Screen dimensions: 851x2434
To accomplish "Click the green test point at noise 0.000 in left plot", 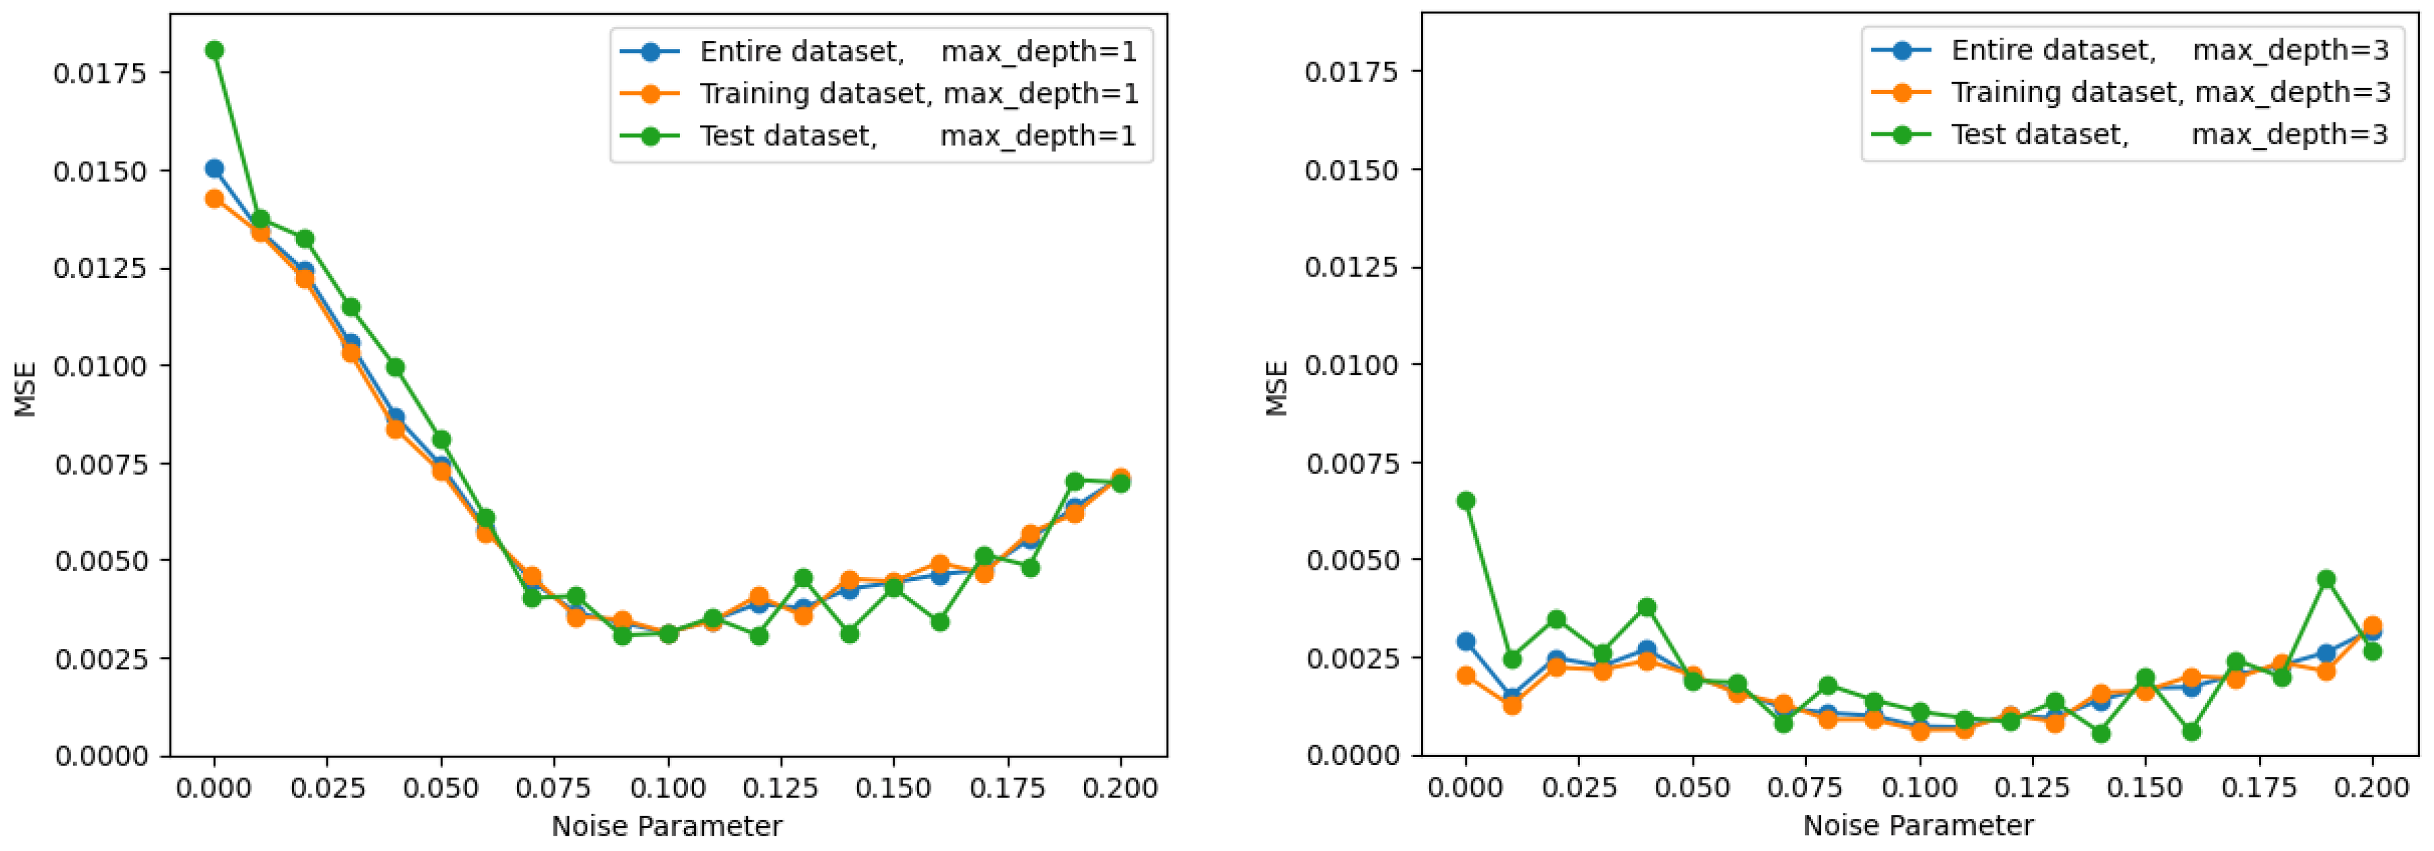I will coord(215,50).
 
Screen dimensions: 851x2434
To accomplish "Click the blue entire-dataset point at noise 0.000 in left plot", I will coord(215,169).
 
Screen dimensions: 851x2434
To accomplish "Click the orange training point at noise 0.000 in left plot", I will coord(215,199).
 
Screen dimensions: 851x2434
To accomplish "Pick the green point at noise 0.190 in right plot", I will coord(2326,579).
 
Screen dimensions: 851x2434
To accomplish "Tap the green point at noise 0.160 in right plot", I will coord(2191,731).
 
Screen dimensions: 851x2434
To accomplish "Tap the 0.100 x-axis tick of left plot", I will coord(668,787).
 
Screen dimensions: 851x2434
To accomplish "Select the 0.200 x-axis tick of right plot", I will coord(2372,787).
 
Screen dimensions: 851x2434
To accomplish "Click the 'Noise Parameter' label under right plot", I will coord(1918,825).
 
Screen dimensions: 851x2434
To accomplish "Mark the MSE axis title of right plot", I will coord(1277,388).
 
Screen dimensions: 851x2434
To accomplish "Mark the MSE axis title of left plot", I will coord(26,388).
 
